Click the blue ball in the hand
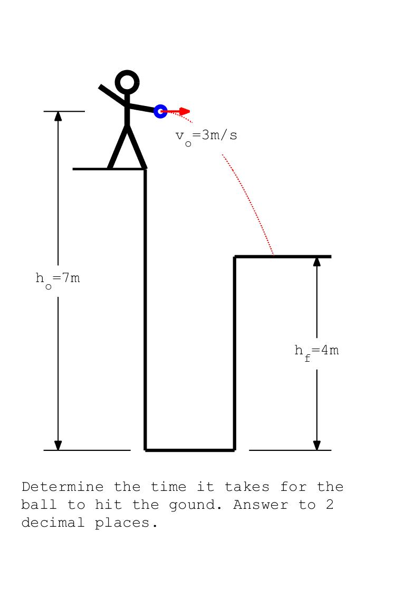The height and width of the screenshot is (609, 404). (x=160, y=111)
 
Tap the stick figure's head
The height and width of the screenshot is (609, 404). (x=127, y=82)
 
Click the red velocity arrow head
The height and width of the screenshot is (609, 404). (x=185, y=111)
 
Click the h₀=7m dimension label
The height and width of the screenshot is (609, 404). (x=58, y=279)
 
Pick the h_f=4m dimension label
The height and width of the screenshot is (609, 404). (x=316, y=352)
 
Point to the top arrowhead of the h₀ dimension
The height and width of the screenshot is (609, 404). (x=58, y=116)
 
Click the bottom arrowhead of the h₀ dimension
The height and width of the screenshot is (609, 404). (x=58, y=445)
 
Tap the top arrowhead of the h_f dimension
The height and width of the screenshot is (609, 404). (x=317, y=262)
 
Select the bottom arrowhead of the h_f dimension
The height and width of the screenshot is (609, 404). (x=317, y=445)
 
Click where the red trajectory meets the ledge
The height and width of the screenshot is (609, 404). (x=274, y=256)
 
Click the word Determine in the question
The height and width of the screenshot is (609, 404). (x=63, y=487)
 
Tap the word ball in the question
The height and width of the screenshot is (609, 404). (x=39, y=505)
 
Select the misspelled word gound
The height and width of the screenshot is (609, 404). (x=195, y=505)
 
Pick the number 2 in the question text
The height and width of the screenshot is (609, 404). (x=330, y=505)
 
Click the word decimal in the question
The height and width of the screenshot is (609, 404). (x=53, y=523)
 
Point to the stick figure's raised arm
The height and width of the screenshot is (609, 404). (x=113, y=95)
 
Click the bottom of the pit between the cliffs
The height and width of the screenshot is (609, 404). (x=190, y=450)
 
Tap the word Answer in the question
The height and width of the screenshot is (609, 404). (x=261, y=505)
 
